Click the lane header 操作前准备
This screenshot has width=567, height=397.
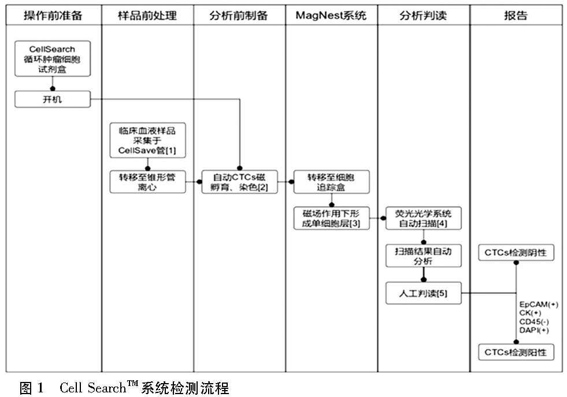coord(53,16)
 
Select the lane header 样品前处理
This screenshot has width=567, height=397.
coord(147,16)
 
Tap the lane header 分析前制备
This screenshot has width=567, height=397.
coord(239,16)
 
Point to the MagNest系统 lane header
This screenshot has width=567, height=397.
coord(331,16)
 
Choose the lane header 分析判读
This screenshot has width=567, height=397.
coord(423,16)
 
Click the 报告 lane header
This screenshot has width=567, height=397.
coord(516,16)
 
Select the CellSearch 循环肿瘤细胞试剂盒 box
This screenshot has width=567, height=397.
coord(53,58)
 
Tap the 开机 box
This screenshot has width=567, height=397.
coord(53,100)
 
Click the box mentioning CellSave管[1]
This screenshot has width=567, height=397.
coord(147,141)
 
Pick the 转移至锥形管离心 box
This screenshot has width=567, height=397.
coord(147,181)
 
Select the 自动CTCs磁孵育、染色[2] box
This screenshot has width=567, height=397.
coord(240,181)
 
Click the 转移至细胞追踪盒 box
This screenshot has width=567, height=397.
coord(331,181)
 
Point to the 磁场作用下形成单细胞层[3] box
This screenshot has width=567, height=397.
coord(331,218)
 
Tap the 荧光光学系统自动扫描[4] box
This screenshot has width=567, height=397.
coord(424,218)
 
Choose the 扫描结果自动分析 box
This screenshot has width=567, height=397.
coord(424,256)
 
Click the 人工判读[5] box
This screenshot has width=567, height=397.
coord(424,293)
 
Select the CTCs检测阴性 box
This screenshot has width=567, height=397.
coord(516,253)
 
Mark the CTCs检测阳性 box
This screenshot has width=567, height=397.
coord(516,351)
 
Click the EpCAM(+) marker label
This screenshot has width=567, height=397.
coord(538,304)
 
